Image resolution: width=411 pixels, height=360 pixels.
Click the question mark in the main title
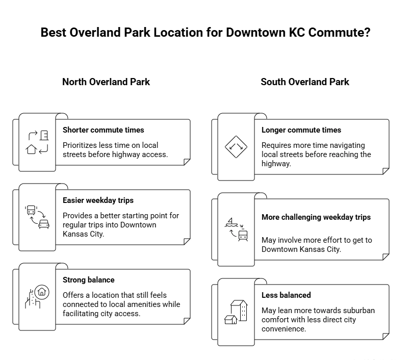[368, 33]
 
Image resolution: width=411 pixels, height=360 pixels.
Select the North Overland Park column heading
[106, 82]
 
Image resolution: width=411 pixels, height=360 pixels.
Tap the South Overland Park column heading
[305, 82]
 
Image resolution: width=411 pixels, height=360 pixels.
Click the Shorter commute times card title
[104, 130]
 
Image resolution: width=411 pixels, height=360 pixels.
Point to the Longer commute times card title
[301, 130]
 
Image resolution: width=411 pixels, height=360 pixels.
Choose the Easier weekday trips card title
[98, 200]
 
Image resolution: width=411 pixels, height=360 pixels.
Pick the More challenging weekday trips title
[316, 217]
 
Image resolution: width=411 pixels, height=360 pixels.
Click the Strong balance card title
[89, 280]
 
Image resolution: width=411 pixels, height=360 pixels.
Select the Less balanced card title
[286, 295]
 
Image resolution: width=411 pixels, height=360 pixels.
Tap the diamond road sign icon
[236, 147]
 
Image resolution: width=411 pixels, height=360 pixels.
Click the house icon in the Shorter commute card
[31, 149]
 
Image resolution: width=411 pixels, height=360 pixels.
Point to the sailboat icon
[231, 222]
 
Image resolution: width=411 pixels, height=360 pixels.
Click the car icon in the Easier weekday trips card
[44, 224]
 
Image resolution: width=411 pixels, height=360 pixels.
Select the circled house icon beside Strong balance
[42, 292]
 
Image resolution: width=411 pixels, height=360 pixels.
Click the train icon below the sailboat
[243, 235]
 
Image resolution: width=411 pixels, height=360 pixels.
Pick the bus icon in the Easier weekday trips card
[31, 210]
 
